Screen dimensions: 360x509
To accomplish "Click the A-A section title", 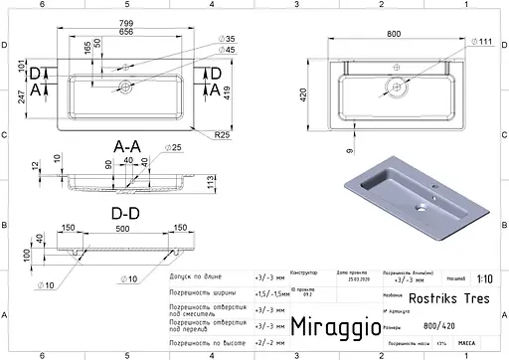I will click(x=127, y=147).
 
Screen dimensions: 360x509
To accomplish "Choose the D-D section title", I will click(x=125, y=211).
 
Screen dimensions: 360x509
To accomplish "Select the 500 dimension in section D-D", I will click(x=121, y=228).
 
